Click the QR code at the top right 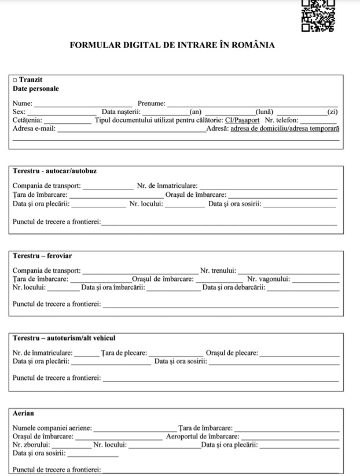coord(318,16)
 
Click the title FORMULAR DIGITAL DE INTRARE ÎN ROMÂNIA coord(172,45)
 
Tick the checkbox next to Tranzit coord(15,80)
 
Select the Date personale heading coord(35,89)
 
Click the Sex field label coord(19,112)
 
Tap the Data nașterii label coord(121,112)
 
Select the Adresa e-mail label coord(34,129)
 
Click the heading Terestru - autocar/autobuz coord(54,171)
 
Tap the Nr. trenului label coord(218,270)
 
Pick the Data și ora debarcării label coord(234,287)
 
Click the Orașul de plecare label coord(232,353)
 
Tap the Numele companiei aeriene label coord(52,428)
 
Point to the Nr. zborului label coord(31,445)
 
